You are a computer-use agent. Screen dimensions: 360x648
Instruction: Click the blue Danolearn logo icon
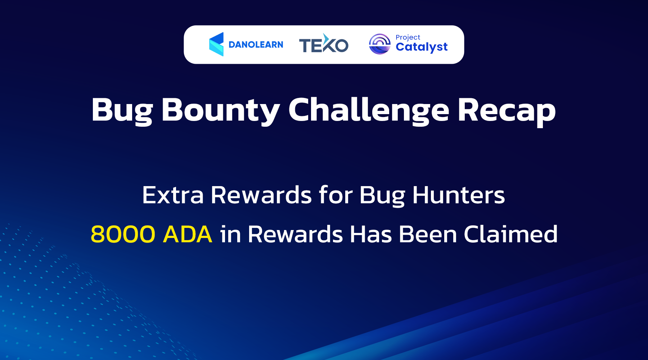pos(216,44)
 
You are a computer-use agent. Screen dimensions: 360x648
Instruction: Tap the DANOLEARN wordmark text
pos(256,45)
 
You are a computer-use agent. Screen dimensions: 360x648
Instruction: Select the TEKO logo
pos(324,44)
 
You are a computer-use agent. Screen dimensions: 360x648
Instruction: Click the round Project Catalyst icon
pos(379,44)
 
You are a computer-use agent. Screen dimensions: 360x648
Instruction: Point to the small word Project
pos(408,37)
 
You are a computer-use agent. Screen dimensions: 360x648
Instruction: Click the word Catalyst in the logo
pos(422,47)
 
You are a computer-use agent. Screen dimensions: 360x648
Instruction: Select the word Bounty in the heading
pos(220,110)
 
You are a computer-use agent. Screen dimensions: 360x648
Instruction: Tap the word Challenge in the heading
pos(369,110)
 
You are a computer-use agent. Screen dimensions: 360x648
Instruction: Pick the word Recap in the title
pos(507,110)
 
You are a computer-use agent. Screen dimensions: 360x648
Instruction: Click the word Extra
pos(173,195)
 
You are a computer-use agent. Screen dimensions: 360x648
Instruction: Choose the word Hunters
pos(458,195)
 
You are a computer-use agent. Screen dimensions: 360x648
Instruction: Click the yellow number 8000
pos(123,234)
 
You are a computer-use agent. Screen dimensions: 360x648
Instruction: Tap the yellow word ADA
pos(187,234)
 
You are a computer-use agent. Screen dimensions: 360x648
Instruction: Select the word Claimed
pos(510,234)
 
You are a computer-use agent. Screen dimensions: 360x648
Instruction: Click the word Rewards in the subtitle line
pos(261,195)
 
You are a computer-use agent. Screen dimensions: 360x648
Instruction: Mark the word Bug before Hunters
pos(382,195)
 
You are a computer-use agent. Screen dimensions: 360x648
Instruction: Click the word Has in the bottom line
pos(371,234)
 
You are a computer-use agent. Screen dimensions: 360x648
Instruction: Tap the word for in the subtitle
pos(336,195)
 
